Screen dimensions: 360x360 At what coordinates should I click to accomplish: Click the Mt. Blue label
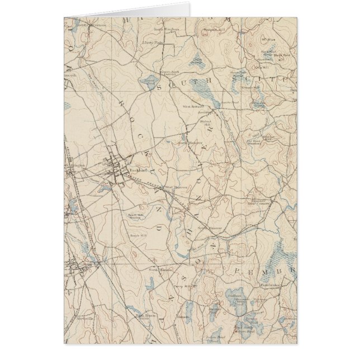272,40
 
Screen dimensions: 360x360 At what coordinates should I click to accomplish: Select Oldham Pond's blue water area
235,299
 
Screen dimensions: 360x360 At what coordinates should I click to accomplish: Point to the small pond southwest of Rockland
102,189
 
